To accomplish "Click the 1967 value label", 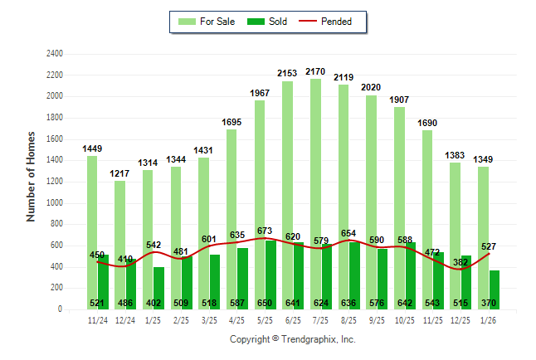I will click(260, 94).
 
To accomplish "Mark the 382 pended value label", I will click(460, 262).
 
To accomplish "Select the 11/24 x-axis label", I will click(97, 320).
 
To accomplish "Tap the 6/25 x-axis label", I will click(293, 320).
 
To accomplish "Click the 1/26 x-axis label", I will click(488, 320).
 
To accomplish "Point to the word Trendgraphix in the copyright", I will click(309, 339).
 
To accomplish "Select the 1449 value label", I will click(92, 148).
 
